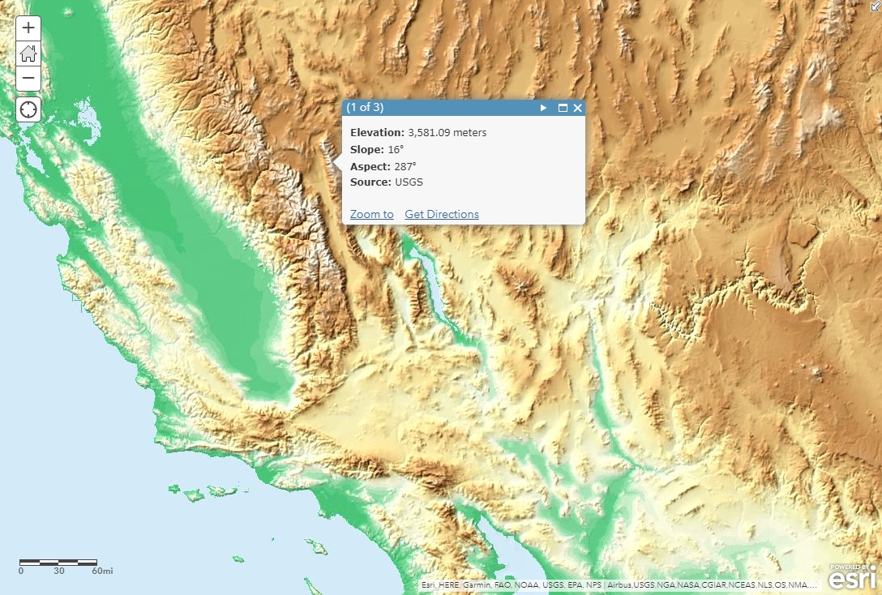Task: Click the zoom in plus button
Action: click(x=28, y=28)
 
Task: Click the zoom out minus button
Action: click(x=28, y=79)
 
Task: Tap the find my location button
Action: click(x=28, y=109)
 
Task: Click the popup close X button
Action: click(x=577, y=108)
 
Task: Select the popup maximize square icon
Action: click(x=563, y=108)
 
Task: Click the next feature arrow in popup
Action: click(x=544, y=108)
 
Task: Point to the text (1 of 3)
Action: click(x=365, y=107)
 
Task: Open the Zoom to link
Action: click(x=371, y=214)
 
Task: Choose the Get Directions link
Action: click(x=442, y=214)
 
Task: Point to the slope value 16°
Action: click(x=396, y=149)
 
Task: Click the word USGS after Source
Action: click(x=409, y=182)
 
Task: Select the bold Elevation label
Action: click(x=376, y=132)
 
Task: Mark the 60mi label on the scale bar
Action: click(x=102, y=571)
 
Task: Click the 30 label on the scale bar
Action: click(x=59, y=571)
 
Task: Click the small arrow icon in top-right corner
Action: click(x=875, y=6)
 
